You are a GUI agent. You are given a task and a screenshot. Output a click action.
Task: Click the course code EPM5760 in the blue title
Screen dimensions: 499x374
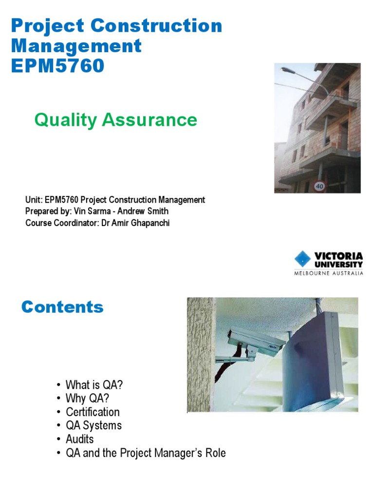point(57,66)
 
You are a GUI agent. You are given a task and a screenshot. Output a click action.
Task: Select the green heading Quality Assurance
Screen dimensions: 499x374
point(115,119)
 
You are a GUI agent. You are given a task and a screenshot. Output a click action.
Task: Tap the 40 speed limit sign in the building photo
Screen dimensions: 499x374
point(319,186)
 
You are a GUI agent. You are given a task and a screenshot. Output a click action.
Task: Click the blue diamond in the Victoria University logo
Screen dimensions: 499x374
point(303,259)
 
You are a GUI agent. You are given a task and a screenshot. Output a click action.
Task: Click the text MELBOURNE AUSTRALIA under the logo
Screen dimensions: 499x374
point(328,273)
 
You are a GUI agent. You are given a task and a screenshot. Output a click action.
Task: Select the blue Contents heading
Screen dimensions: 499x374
point(62,307)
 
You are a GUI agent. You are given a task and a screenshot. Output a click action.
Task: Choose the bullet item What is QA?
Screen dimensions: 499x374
point(94,385)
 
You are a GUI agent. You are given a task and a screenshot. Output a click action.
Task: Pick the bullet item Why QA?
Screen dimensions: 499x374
point(89,399)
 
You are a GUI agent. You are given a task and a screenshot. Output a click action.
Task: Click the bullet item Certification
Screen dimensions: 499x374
point(93,412)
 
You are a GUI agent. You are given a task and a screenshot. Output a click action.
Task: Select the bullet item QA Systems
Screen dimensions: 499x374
point(93,425)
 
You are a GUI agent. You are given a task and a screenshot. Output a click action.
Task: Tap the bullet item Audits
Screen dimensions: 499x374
point(79,439)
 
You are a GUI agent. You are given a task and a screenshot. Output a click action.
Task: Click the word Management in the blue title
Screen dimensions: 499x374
point(76,46)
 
